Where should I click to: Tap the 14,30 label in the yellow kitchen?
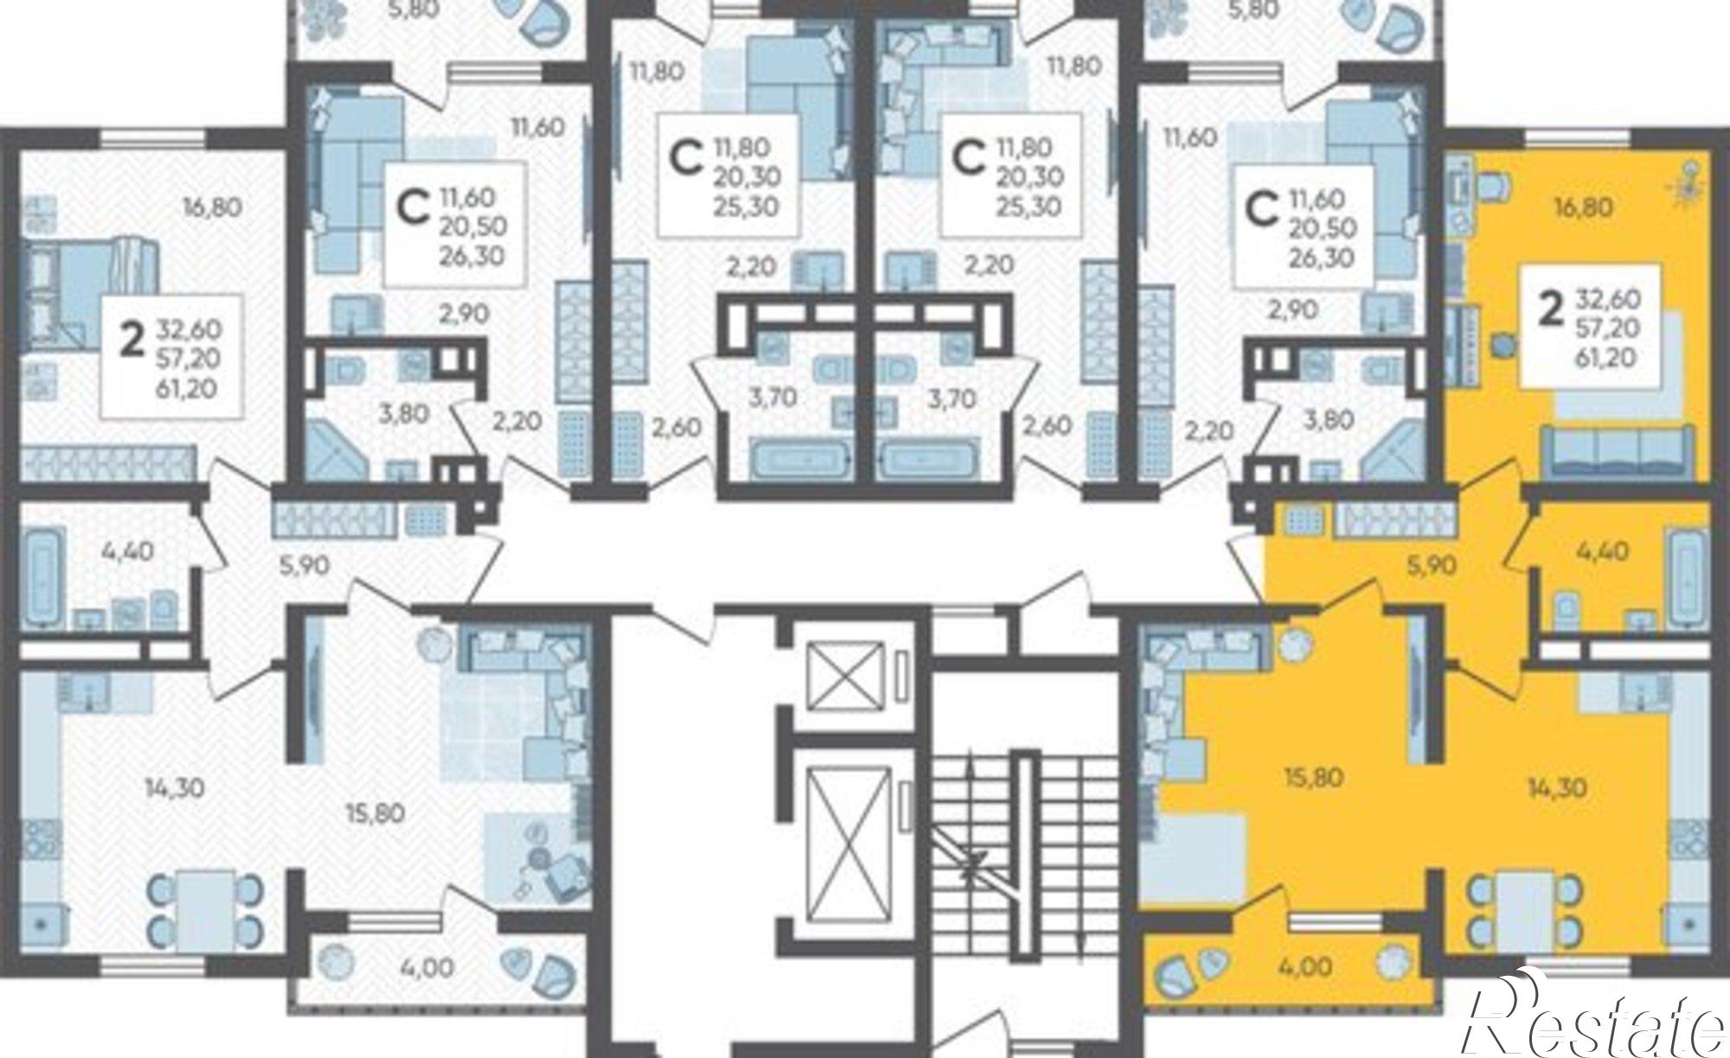(x=1555, y=789)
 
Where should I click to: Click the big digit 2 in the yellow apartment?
(x=1551, y=309)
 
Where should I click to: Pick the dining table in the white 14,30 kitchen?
(x=206, y=907)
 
